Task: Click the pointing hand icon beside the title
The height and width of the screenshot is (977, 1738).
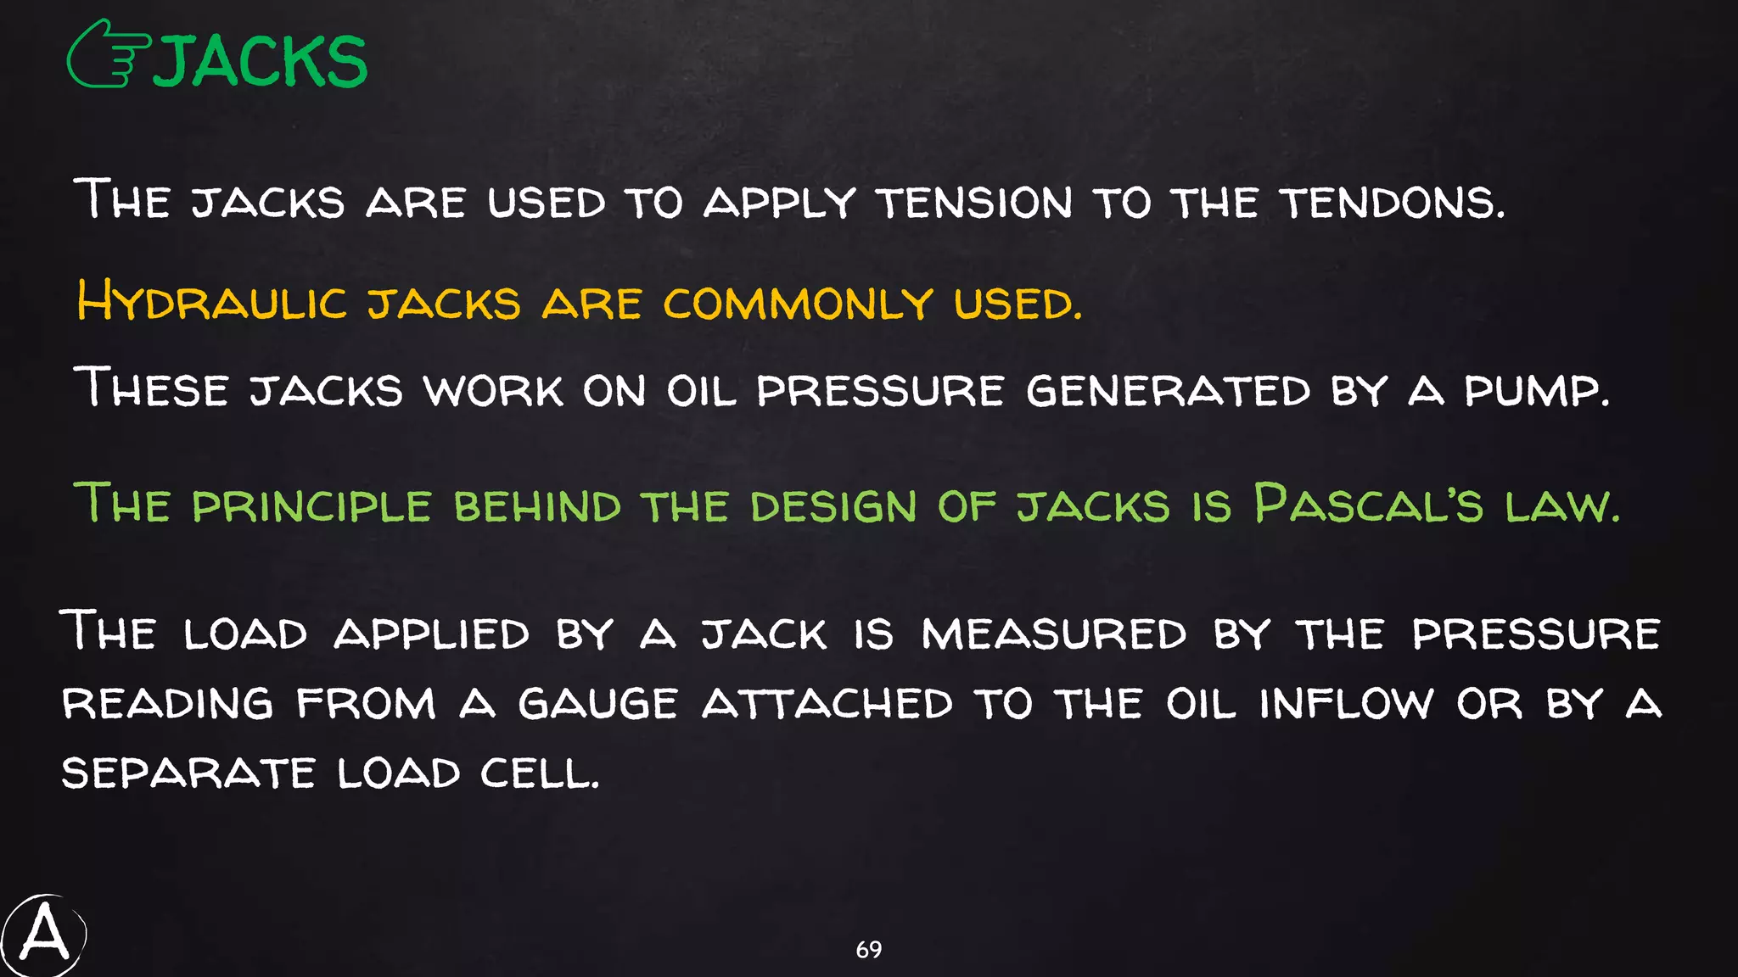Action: pos(109,55)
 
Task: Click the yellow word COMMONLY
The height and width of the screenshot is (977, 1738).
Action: pos(798,304)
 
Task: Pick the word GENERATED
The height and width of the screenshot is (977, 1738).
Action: pos(1168,391)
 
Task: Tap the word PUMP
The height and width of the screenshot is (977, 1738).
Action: pos(1536,391)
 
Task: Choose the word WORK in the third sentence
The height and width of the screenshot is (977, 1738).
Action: pos(493,391)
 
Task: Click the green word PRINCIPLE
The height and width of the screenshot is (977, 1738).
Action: pos(311,506)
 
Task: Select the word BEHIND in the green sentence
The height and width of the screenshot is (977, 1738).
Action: pos(537,506)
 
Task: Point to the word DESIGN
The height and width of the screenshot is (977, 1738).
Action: pos(833,506)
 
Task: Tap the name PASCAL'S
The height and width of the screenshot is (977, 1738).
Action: pos(1368,505)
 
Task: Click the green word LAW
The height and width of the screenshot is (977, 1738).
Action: pos(1561,506)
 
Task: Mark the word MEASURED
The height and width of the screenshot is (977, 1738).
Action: pos(1054,634)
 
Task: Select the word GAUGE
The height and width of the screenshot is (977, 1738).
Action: pos(597,704)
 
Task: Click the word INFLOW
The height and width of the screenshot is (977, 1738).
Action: pos(1346,704)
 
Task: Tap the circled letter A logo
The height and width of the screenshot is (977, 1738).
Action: pos(43,935)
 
